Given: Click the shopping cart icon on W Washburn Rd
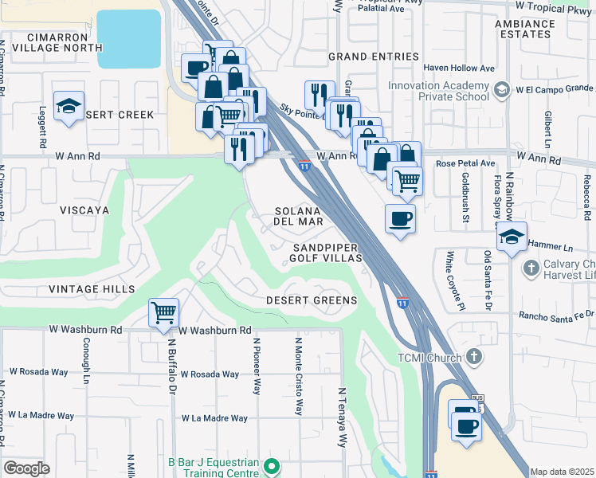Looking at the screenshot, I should pyautogui.click(x=163, y=312).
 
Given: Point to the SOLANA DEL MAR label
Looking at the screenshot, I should pyautogui.click(x=299, y=216).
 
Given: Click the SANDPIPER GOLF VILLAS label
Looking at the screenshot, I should pyautogui.click(x=327, y=253).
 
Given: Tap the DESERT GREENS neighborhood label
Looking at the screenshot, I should pyautogui.click(x=312, y=300).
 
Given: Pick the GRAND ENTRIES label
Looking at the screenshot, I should pyautogui.click(x=374, y=57).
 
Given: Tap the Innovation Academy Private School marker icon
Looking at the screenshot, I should pyautogui.click(x=501, y=90).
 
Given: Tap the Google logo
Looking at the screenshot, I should pyautogui.click(x=27, y=468).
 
